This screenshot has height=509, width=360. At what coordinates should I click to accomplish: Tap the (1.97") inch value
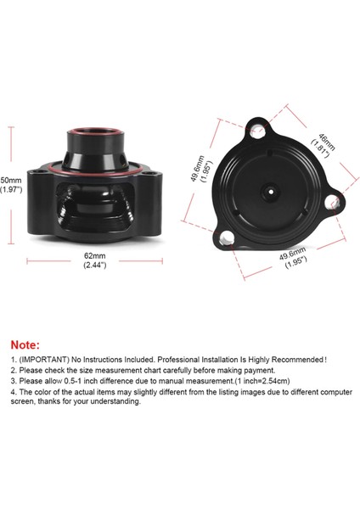[11, 190]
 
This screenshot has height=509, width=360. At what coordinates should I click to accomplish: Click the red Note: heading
[24, 345]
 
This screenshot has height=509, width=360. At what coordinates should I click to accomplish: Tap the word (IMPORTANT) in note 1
[42, 360]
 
